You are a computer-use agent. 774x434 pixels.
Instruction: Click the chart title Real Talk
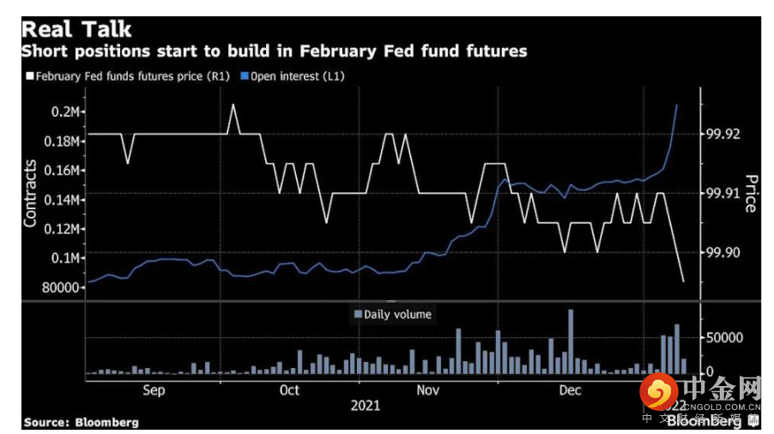[78, 29]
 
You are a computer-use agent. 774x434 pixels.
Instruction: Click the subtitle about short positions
[274, 51]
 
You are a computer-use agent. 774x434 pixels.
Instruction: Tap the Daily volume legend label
[397, 314]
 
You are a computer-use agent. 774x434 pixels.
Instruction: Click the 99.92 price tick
[720, 135]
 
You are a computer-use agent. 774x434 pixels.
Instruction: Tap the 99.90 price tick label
[720, 253]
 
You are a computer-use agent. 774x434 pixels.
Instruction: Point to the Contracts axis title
[31, 193]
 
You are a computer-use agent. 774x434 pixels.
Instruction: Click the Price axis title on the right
[750, 194]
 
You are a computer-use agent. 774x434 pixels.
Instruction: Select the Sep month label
[153, 390]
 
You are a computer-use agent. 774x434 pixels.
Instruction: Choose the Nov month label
[426, 390]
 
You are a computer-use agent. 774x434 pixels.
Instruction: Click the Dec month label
[570, 390]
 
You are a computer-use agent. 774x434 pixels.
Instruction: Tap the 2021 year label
[365, 405]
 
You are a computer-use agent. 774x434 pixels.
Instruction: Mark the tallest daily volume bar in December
[570, 341]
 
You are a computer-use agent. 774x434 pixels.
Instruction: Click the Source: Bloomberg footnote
[81, 422]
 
